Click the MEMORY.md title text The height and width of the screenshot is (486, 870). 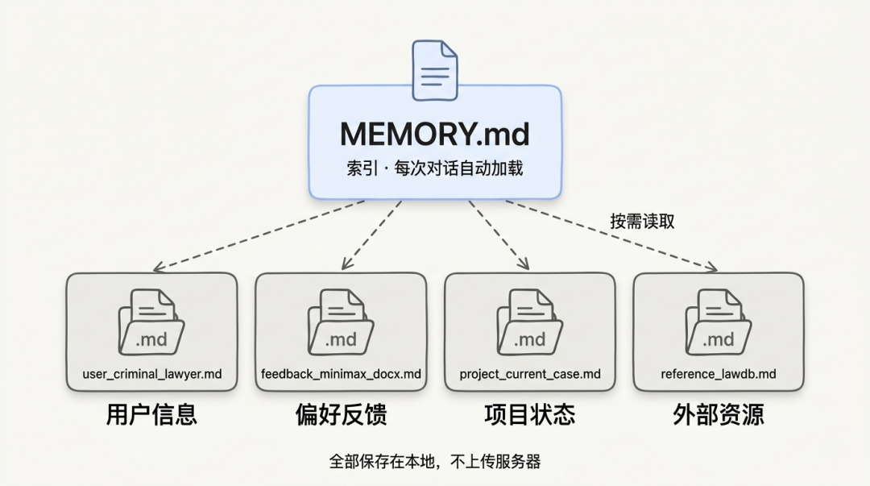click(x=435, y=134)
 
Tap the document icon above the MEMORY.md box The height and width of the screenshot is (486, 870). click(x=435, y=70)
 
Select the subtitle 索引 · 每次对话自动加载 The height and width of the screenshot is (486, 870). click(x=435, y=170)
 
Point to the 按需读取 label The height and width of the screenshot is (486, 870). click(x=642, y=222)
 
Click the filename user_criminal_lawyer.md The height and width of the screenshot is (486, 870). click(x=152, y=374)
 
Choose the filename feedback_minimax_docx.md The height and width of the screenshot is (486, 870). click(x=341, y=374)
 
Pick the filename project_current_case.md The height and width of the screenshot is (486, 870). click(x=530, y=374)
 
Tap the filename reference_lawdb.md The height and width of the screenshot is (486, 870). click(x=719, y=374)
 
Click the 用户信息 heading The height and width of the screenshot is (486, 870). click(x=151, y=414)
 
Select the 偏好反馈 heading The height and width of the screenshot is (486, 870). click(x=341, y=414)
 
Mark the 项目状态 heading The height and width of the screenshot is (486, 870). click(x=530, y=414)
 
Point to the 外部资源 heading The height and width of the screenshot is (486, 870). click(x=719, y=414)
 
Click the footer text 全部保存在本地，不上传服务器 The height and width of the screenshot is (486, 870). click(x=435, y=462)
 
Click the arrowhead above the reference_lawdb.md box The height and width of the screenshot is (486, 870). click(x=711, y=268)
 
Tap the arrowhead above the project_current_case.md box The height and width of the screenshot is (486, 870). click(x=524, y=265)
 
